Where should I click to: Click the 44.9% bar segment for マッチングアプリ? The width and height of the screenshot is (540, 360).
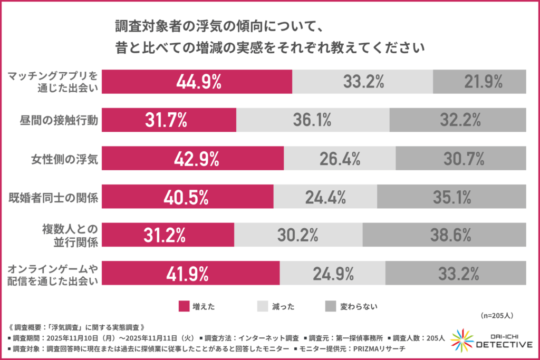point(196,82)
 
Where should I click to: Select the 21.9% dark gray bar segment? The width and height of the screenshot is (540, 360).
point(480,82)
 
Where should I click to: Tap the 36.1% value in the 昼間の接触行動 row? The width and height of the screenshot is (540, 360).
point(312,120)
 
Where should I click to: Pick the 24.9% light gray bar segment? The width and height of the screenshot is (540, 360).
point(332,274)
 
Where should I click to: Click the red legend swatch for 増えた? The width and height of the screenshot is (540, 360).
point(184,306)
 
